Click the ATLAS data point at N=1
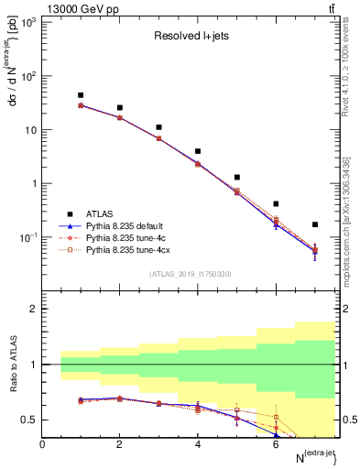click(x=81, y=95)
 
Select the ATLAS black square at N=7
click(x=315, y=224)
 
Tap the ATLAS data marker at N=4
click(x=198, y=151)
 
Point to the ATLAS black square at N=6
click(x=276, y=203)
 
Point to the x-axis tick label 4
click(x=198, y=444)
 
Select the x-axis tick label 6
click(x=276, y=444)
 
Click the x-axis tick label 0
click(x=42, y=444)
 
